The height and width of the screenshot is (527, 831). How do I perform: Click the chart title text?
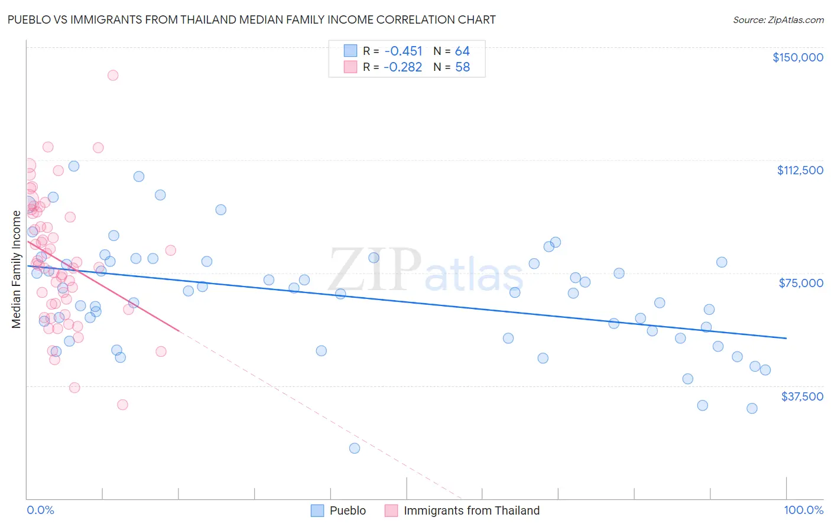252,19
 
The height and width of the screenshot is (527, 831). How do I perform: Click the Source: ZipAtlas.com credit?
778,20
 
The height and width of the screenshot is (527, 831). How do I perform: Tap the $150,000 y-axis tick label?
797,57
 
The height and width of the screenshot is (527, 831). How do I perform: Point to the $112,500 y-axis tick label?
800,170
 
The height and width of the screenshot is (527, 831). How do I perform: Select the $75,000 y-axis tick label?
801,283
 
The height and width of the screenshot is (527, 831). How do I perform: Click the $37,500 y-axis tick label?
801,396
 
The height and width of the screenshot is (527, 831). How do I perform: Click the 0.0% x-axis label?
40,510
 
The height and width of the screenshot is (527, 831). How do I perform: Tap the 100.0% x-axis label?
803,510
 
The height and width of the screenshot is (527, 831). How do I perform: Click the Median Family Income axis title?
16,269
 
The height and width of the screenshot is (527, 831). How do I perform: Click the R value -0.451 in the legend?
403,51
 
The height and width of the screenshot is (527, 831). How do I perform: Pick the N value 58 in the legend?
462,67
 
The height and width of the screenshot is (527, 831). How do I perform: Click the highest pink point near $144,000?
113,75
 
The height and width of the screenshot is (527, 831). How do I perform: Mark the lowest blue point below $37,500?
355,448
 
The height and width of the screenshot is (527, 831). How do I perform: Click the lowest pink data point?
122,405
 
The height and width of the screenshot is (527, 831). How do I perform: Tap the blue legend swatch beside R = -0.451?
350,51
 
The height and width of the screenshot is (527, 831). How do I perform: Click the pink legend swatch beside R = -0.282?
350,67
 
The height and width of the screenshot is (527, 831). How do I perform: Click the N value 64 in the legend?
462,51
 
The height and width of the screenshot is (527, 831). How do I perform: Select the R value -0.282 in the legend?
402,67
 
